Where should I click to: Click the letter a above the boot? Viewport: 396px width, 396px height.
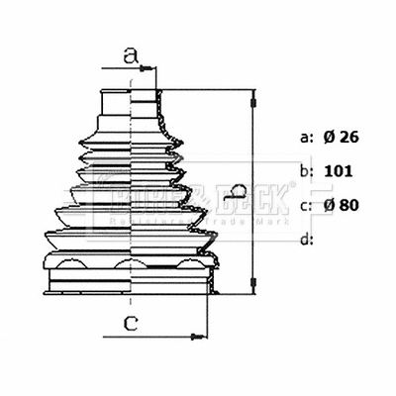pos(128,56)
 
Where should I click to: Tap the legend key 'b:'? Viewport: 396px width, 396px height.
pos(306,170)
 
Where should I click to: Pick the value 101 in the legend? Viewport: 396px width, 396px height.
pos(339,170)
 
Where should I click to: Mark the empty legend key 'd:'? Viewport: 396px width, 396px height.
pos(306,238)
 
